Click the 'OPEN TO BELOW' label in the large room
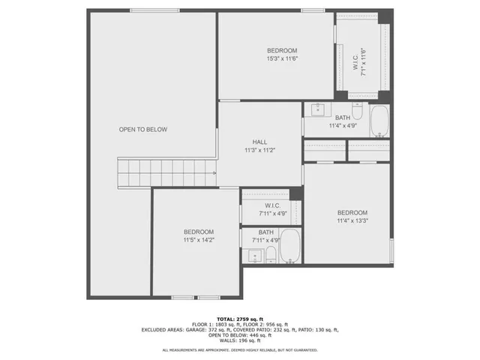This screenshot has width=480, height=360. point(142,130)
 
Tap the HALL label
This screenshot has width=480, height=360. point(259,142)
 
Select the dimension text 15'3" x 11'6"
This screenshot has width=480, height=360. point(281,58)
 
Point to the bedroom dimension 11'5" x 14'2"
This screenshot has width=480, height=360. point(199,240)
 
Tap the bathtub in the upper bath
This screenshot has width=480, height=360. point(379,121)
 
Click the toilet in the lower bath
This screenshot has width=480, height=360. point(271,256)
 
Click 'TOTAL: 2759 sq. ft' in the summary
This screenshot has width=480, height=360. point(240,318)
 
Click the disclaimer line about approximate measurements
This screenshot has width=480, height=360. point(240,350)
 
